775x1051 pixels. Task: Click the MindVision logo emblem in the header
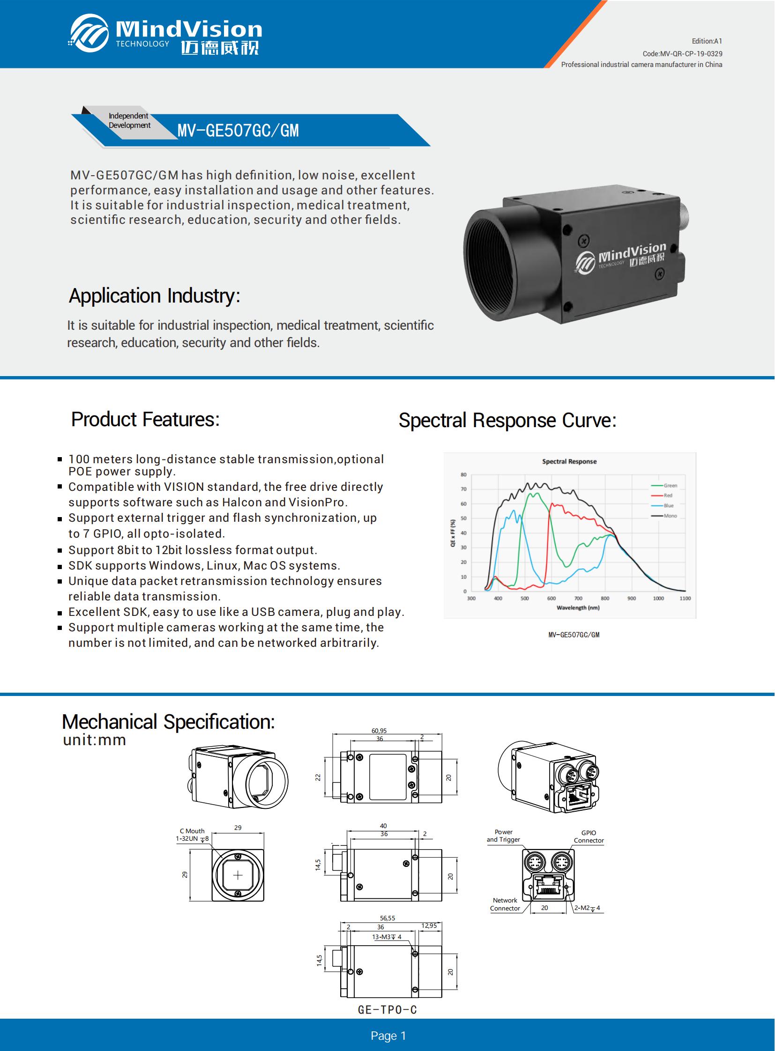[x=89, y=33]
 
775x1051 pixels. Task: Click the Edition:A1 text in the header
[x=707, y=41]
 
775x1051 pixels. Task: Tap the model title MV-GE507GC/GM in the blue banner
[x=238, y=131]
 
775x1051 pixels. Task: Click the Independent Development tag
[x=129, y=120]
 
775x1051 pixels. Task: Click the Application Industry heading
[x=154, y=296]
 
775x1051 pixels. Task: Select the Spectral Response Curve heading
[x=507, y=420]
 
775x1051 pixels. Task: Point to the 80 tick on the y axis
[x=463, y=474]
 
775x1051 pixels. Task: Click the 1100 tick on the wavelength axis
[x=685, y=599]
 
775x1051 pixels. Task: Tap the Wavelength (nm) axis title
[x=578, y=608]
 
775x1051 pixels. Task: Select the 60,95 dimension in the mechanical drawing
[x=379, y=731]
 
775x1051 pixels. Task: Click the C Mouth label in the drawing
[x=192, y=831]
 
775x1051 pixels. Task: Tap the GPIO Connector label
[x=589, y=836]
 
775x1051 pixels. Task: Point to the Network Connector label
[x=505, y=904]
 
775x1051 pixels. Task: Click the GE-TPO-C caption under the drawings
[x=387, y=1010]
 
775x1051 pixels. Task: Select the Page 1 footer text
[x=388, y=1036]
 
